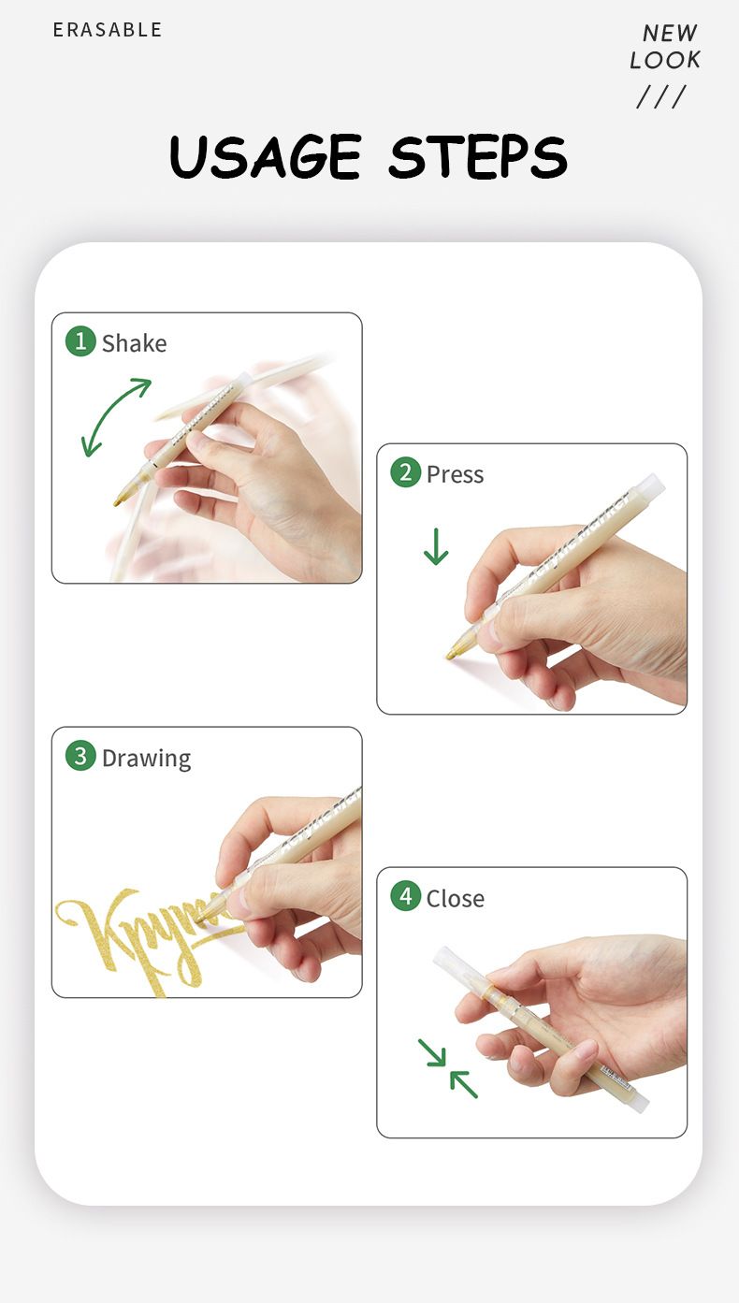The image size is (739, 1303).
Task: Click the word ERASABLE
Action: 108,30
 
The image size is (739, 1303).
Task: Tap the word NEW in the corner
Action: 670,34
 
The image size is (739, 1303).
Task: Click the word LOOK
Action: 665,61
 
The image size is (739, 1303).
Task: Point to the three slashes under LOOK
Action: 661,96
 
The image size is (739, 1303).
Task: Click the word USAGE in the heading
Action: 266,156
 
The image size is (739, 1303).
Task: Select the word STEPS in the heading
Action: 478,156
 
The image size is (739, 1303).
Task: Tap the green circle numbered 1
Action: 80,341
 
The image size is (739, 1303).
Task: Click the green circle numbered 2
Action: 405,472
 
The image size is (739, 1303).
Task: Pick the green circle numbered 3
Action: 80,756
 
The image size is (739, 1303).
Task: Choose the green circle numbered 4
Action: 405,896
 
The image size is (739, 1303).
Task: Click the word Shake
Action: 134,343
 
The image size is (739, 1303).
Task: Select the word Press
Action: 455,474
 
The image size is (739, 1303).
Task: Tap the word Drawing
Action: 146,758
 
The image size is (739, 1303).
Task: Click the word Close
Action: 455,898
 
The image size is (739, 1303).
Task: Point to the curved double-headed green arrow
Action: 115,417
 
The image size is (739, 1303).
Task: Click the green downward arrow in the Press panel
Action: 436,546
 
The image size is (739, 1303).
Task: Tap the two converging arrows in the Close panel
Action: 448,1067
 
